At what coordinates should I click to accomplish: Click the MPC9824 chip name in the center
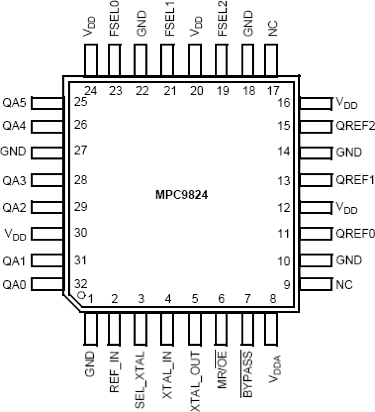[182, 195]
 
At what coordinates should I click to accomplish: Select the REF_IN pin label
[114, 372]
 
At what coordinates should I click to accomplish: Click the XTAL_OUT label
[195, 381]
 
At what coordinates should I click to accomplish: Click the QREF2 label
[355, 125]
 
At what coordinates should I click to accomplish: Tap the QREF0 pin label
[355, 233]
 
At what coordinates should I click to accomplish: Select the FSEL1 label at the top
[170, 19]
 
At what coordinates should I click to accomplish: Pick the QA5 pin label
[14, 103]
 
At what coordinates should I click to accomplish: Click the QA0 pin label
[14, 285]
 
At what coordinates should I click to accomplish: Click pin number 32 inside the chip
[81, 283]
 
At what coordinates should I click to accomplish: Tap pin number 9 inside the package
[287, 285]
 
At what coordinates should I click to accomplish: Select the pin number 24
[91, 91]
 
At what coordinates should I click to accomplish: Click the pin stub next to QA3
[47, 180]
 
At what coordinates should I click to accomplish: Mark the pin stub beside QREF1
[316, 180]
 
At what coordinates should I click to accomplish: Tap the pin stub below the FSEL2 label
[222, 60]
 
